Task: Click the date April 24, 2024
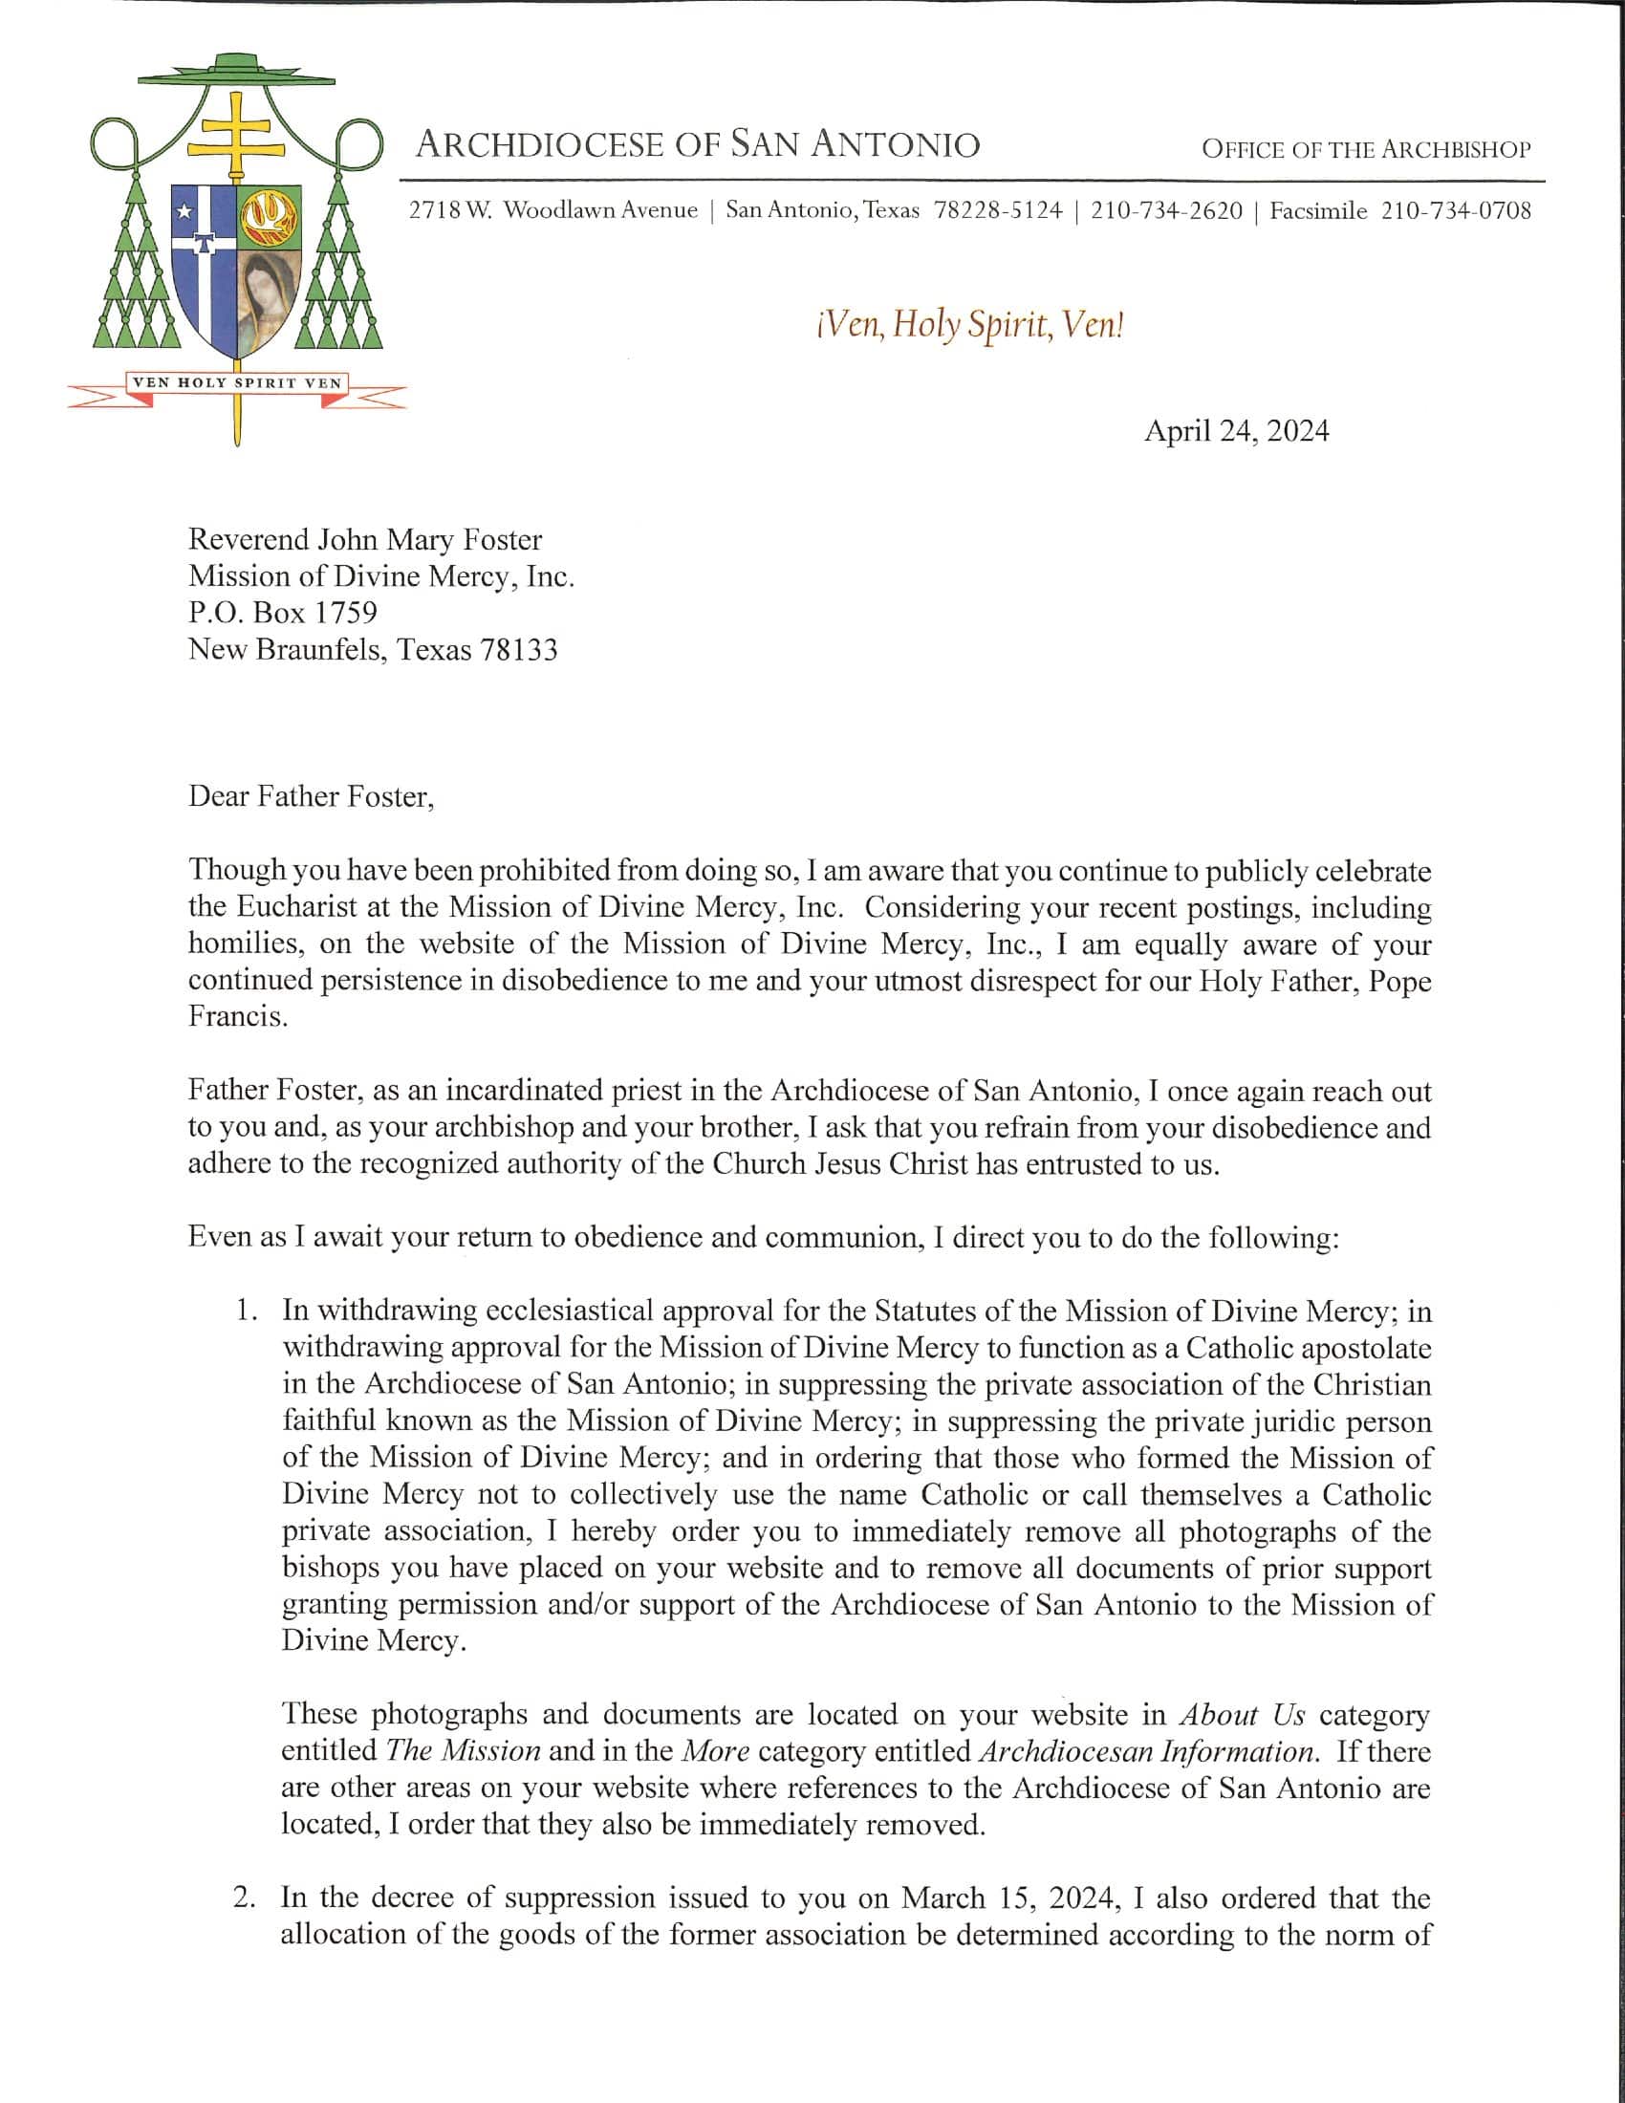click(1235, 430)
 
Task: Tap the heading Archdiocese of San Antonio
click(697, 145)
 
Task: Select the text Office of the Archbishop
click(1365, 149)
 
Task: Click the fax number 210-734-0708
click(1455, 211)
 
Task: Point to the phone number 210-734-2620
click(1166, 211)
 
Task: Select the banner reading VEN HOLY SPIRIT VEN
click(237, 382)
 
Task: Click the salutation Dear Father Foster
click(311, 796)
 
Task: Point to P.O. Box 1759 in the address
click(282, 613)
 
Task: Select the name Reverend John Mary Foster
click(365, 539)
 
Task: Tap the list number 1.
click(247, 1311)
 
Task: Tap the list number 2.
click(245, 1897)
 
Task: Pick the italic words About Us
click(1242, 1714)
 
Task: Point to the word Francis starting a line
click(237, 1017)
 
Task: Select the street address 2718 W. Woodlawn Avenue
click(552, 211)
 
